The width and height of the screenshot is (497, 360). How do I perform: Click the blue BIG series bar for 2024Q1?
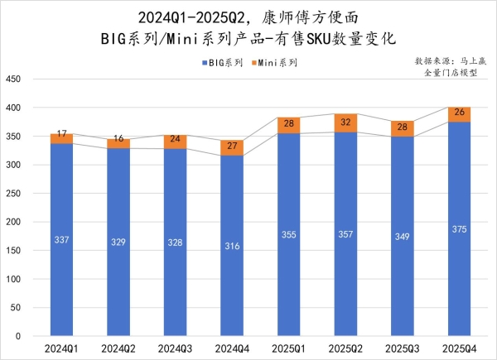click(x=61, y=240)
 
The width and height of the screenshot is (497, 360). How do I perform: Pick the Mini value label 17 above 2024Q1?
click(x=61, y=133)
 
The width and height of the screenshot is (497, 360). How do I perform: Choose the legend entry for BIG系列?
click(x=222, y=62)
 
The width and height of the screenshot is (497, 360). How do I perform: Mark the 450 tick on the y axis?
click(x=13, y=79)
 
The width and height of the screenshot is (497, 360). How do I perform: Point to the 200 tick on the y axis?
click(x=13, y=222)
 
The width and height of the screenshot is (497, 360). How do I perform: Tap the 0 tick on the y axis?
click(x=17, y=336)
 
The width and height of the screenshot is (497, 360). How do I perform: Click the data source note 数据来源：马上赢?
click(x=451, y=60)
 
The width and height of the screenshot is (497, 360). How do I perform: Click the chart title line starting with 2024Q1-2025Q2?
click(x=248, y=16)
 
